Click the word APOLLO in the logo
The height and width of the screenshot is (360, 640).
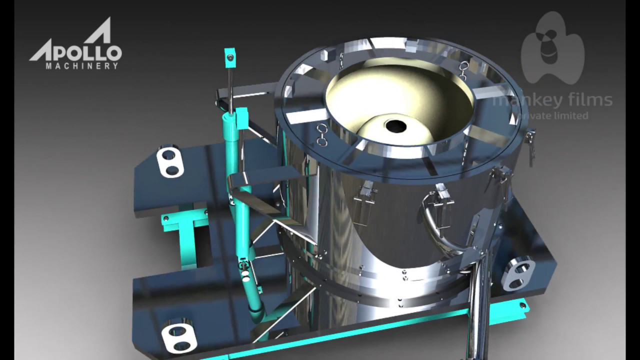[75, 52]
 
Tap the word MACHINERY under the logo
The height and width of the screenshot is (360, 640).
[82, 65]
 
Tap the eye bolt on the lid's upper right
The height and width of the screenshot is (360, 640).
[464, 66]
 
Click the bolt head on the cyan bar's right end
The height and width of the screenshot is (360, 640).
[522, 304]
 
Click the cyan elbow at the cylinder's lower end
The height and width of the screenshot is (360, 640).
[257, 312]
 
